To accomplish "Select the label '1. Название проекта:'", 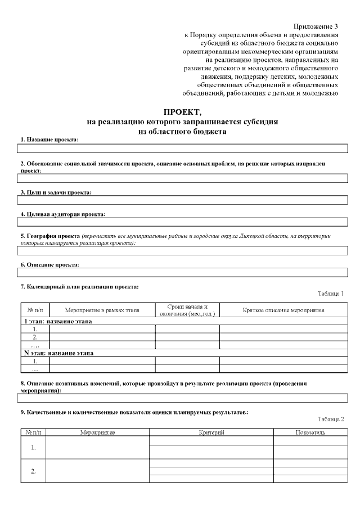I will click(x=49, y=139).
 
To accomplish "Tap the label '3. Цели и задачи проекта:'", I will click(x=56, y=192).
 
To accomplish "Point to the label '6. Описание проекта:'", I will click(x=49, y=264).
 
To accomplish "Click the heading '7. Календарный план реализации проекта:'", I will click(x=79, y=287).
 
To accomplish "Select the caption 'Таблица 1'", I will click(x=330, y=294).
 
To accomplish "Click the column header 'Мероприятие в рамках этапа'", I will click(x=102, y=310).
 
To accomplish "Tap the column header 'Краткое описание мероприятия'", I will click(x=283, y=310).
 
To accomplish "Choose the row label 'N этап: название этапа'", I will click(x=58, y=353).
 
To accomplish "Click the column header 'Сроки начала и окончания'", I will click(x=187, y=310).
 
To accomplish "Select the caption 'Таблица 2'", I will click(x=330, y=419).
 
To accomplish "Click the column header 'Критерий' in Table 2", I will click(x=211, y=433).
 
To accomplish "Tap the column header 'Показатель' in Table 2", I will click(x=310, y=433).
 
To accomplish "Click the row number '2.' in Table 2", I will click(x=33, y=471).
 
